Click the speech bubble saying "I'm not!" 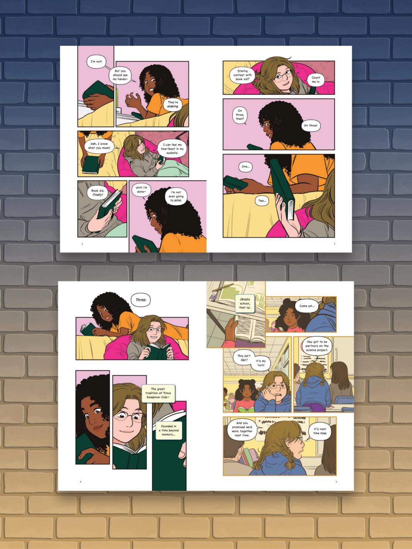point(96,62)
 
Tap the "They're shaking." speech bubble point(173,104)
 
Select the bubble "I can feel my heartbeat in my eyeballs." point(172,149)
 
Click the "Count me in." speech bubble point(316,80)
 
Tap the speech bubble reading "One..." point(245,166)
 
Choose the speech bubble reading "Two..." point(262,201)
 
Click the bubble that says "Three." point(141,300)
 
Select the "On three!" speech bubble point(310,125)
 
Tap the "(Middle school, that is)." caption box point(245,303)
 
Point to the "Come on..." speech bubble point(307,306)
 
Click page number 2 point(82,244)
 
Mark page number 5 point(336,482)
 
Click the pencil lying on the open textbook point(222,288)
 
